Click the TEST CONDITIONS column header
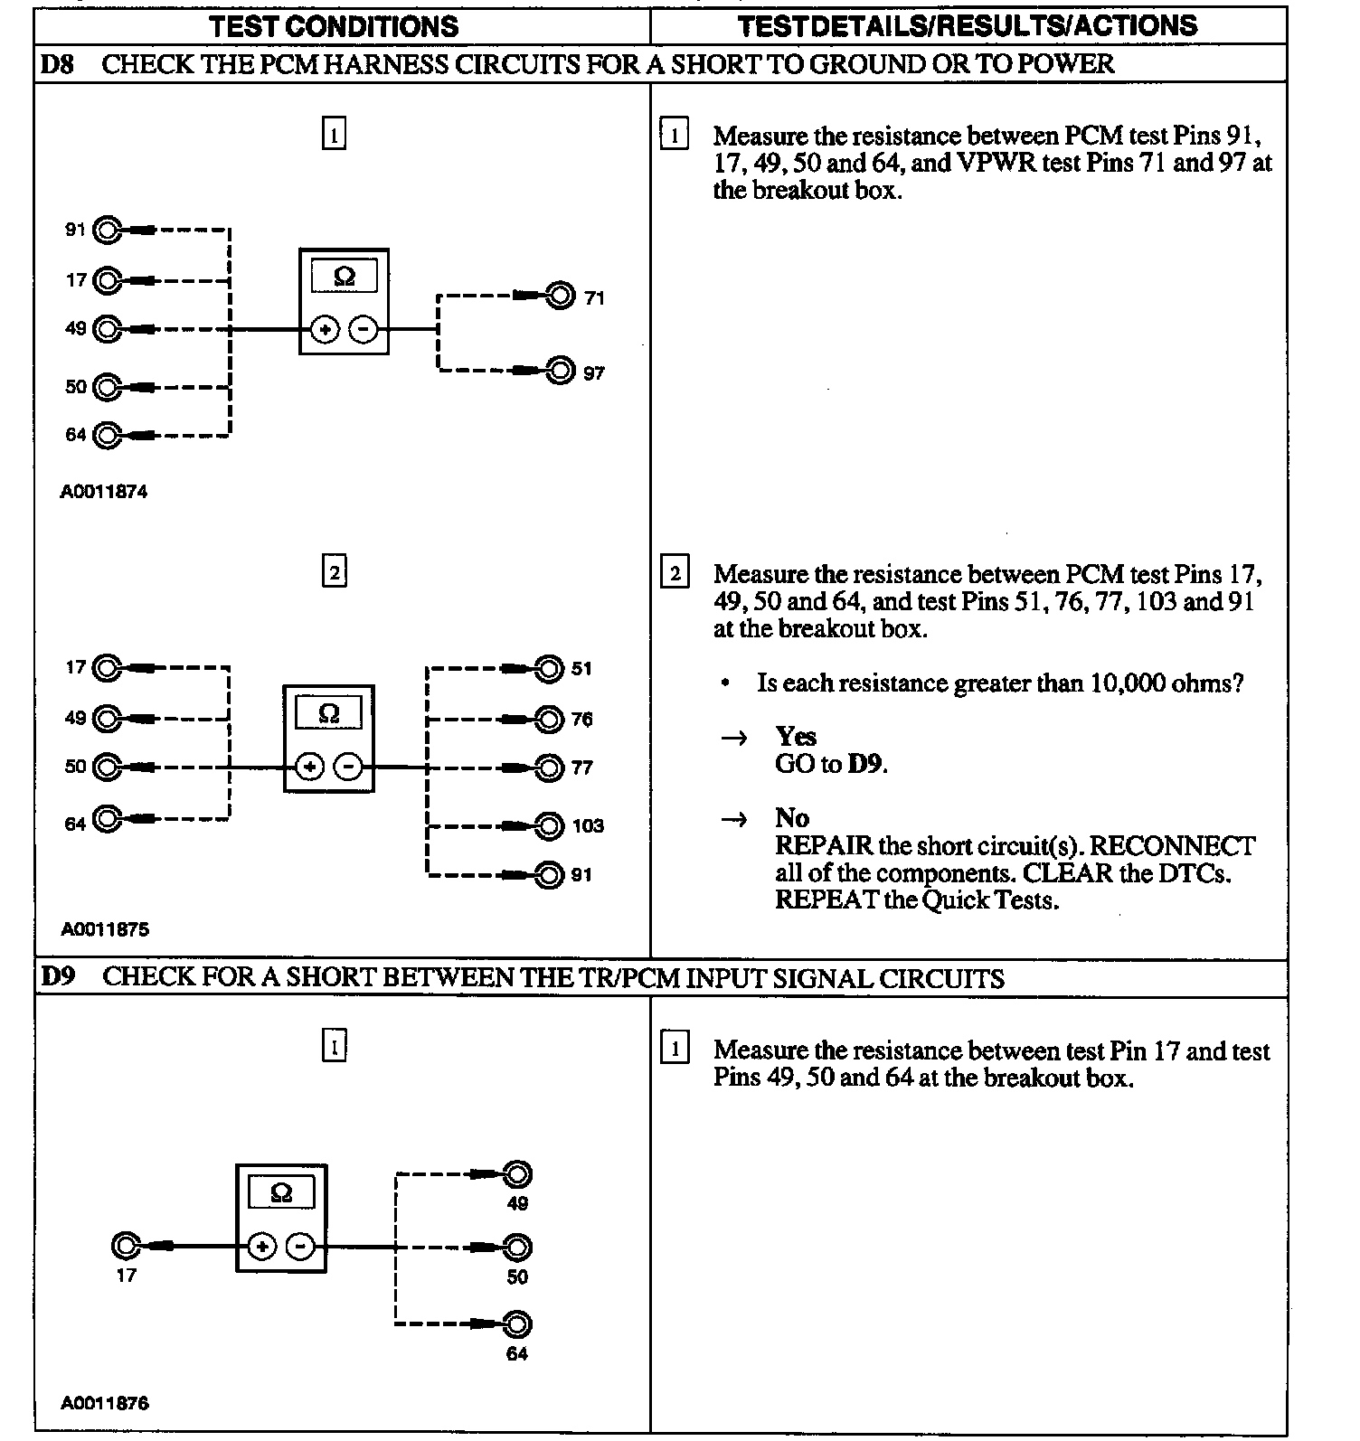pyautogui.click(x=334, y=26)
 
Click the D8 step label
pyautogui.click(x=57, y=64)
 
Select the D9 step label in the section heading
pyautogui.click(x=57, y=978)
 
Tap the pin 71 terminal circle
pyautogui.click(x=561, y=296)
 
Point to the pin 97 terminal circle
pyautogui.click(x=561, y=371)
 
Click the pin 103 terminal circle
pyautogui.click(x=549, y=825)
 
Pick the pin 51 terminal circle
pyautogui.click(x=549, y=669)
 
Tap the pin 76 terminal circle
pyautogui.click(x=549, y=720)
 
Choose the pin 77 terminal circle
pyautogui.click(x=549, y=768)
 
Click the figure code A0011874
pyautogui.click(x=104, y=492)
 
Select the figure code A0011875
pyautogui.click(x=104, y=929)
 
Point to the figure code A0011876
pyautogui.click(x=104, y=1404)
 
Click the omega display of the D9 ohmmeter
pyautogui.click(x=281, y=1193)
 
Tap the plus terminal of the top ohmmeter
pyautogui.click(x=326, y=330)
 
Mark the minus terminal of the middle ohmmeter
pyautogui.click(x=348, y=768)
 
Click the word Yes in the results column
pyautogui.click(x=796, y=736)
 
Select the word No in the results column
pyautogui.click(x=792, y=818)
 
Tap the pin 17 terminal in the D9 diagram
pyautogui.click(x=125, y=1247)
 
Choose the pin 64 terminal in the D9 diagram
pyautogui.click(x=516, y=1324)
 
